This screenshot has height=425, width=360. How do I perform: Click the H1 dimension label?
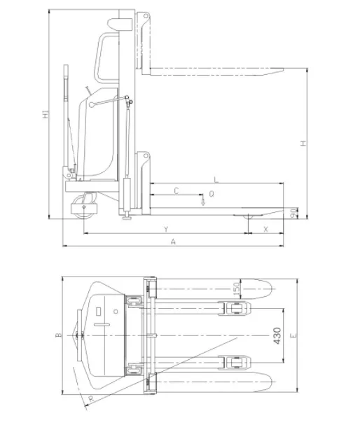[x=46, y=114]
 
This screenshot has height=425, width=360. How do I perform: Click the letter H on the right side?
[x=303, y=143]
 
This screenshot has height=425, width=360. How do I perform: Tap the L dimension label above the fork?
[x=216, y=180]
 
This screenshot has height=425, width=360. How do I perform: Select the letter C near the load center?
[x=176, y=191]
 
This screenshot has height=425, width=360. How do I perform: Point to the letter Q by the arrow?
[x=212, y=193]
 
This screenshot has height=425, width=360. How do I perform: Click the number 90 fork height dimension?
[x=293, y=214]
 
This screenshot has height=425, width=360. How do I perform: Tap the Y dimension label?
[x=166, y=230]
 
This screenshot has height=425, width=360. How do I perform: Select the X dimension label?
[x=265, y=230]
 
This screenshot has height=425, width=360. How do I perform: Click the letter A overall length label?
[x=174, y=242]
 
